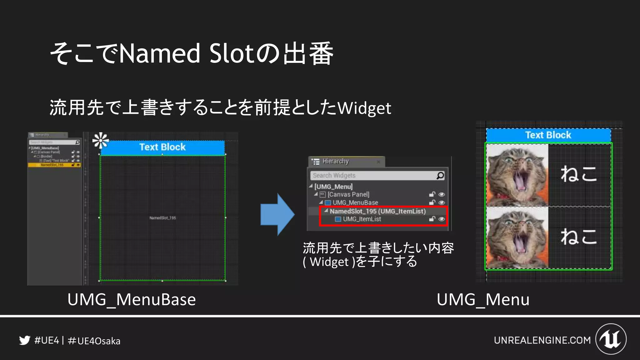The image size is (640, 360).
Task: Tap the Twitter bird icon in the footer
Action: coord(24,340)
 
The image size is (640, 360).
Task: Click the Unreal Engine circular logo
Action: coord(611,339)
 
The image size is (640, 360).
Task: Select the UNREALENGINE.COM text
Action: coord(542,340)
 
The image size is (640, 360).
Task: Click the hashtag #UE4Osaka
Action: coord(94,341)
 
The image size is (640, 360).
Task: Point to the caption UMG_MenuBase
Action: coord(132,299)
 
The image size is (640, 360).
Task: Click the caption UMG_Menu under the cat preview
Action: coord(483,299)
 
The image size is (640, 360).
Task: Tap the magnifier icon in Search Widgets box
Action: coord(440,176)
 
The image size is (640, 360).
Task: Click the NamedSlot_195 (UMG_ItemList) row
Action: coord(377,211)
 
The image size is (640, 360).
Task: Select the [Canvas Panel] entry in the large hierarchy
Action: coord(348,194)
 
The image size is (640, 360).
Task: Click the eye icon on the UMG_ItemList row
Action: coord(442,219)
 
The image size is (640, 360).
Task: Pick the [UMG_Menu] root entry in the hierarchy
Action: coord(333,187)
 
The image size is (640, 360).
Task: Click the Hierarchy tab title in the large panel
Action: coord(335,161)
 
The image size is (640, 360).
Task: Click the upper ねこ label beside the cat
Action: coord(578,174)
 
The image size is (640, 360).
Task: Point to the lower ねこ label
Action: coord(578,236)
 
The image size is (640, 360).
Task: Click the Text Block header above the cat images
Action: coord(548,135)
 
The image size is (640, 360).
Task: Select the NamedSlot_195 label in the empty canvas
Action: coord(162,218)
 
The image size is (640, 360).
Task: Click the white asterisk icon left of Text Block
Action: coord(100,141)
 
